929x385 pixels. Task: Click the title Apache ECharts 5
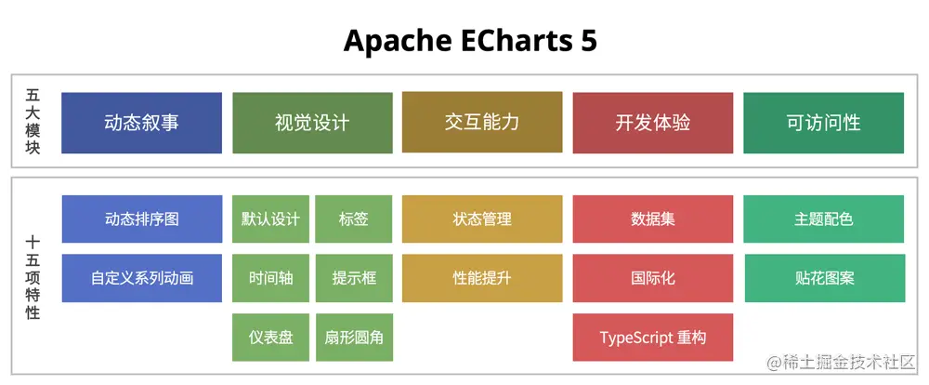tap(470, 41)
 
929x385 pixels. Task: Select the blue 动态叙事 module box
tap(142, 123)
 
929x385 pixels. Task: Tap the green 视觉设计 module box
tap(312, 123)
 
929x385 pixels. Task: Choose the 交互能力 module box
tap(482, 122)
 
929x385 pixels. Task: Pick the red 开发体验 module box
tap(653, 123)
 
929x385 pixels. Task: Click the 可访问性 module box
tap(824, 123)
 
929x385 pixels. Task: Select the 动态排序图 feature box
tap(142, 219)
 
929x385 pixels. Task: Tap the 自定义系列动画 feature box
tap(142, 278)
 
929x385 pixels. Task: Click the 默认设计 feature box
tap(270, 219)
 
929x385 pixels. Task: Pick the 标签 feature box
tap(354, 219)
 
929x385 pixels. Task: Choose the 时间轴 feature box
tap(270, 278)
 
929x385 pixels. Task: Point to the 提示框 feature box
tap(354, 278)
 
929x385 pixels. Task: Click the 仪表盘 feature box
tap(270, 337)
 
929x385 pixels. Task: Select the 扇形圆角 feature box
tap(354, 337)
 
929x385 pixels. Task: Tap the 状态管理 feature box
tap(482, 219)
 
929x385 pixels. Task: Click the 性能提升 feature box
tap(482, 278)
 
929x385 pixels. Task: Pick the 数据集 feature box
tap(653, 219)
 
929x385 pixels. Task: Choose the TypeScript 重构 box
tap(653, 337)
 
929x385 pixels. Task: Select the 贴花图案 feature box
tap(824, 278)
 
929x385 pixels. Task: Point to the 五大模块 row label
tap(33, 122)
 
